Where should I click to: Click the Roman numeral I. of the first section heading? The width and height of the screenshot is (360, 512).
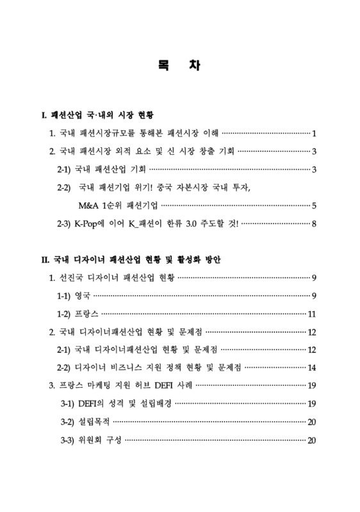(x=44, y=116)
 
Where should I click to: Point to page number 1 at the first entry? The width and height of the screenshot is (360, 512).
(x=315, y=134)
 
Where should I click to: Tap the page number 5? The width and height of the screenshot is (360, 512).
(x=315, y=205)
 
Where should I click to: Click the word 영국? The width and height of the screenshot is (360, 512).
(x=83, y=296)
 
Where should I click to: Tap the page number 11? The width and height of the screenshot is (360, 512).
(x=313, y=314)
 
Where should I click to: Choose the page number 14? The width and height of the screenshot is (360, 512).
(x=313, y=368)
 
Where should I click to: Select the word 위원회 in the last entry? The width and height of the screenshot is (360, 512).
(x=87, y=440)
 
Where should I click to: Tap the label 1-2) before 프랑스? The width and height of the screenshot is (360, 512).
(x=65, y=314)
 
